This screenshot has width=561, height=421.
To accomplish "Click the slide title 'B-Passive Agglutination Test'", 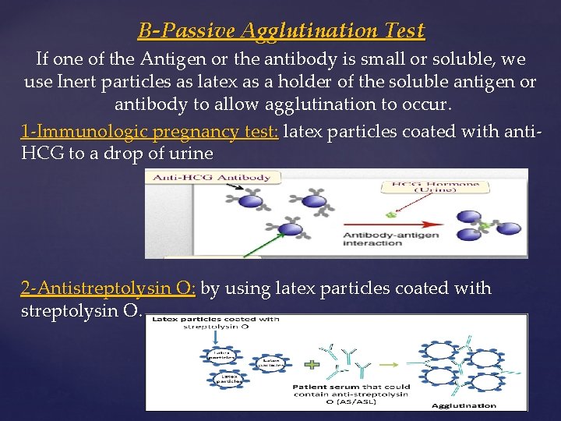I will [281, 31].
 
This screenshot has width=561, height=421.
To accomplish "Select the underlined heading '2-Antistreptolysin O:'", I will [108, 288].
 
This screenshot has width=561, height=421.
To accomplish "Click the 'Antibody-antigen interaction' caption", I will [389, 238].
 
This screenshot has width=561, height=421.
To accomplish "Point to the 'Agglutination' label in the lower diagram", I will [464, 405].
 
